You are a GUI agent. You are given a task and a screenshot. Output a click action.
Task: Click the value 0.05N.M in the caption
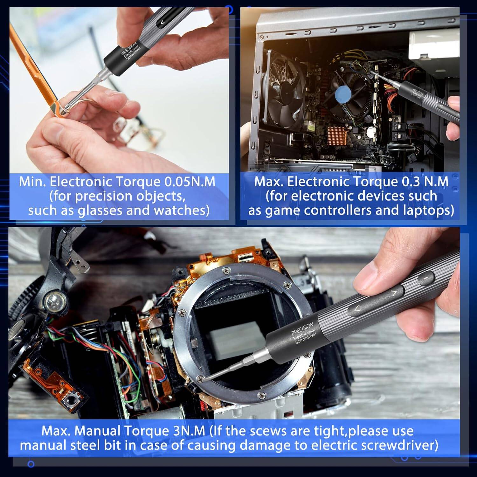coord(190,182)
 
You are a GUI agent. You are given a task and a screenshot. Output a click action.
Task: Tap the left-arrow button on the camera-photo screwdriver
coord(357,308)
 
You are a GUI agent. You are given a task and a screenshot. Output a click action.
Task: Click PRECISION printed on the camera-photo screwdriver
coord(302,328)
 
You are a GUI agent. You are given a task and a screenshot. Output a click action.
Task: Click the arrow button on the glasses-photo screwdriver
coord(162,22)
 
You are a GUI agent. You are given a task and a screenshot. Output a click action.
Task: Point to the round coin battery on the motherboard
coord(371,131)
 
